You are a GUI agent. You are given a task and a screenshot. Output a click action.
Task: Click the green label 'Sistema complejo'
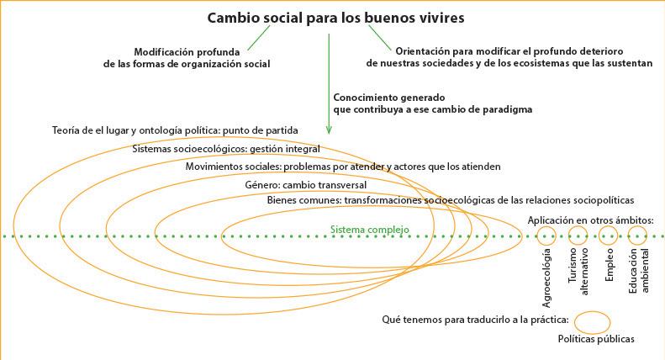click(x=369, y=229)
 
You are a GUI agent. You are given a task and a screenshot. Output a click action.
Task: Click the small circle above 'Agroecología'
click(x=546, y=235)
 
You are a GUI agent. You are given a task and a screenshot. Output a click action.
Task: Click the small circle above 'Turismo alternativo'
click(x=578, y=235)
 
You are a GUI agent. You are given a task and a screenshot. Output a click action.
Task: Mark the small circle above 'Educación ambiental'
click(x=638, y=235)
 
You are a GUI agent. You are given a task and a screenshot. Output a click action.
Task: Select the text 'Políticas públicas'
click(x=596, y=339)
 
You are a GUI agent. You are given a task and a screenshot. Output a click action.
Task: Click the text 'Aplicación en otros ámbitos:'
click(x=589, y=220)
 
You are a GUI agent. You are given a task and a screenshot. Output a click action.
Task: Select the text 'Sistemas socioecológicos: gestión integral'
click(x=226, y=149)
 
